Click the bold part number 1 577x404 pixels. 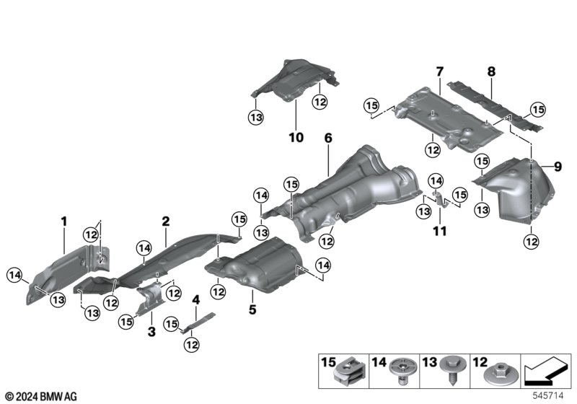[64, 221]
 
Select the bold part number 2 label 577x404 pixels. [166, 221]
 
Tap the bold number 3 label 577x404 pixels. [151, 332]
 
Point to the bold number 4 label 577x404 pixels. [196, 300]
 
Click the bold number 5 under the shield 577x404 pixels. [252, 309]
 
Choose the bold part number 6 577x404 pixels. [328, 138]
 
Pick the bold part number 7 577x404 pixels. [440, 71]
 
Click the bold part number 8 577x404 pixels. [492, 71]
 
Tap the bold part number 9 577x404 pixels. [558, 167]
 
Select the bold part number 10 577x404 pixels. [296, 138]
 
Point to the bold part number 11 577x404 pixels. [440, 231]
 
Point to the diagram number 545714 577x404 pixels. [548, 395]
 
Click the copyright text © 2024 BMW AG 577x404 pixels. [42, 396]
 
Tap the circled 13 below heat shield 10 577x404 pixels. [256, 118]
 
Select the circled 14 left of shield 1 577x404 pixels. [15, 275]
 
